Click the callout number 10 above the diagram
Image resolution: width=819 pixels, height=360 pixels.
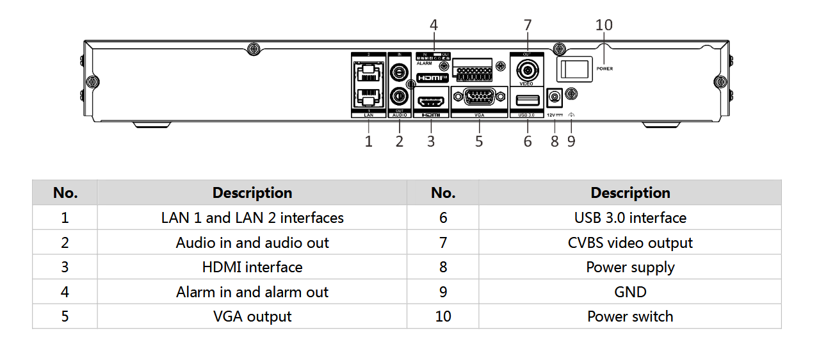point(604,25)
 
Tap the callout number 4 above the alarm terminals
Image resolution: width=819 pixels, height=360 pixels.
point(434,25)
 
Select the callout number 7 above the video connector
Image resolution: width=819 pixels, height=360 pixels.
point(528,25)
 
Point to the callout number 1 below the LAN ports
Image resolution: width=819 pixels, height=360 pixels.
point(369,142)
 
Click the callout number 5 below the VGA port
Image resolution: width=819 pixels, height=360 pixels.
point(479,142)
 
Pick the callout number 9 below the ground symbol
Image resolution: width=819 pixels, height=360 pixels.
point(571,142)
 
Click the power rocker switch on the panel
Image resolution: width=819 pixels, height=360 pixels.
point(573,68)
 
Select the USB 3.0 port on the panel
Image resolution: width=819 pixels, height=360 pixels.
point(527,99)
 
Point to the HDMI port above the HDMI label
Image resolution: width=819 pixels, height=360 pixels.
point(431,101)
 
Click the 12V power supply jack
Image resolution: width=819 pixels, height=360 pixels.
point(555,97)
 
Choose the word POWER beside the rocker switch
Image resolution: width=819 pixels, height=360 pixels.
point(604,68)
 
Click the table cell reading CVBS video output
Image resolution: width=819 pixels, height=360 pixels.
point(630,243)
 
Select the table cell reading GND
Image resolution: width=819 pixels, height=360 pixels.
point(630,292)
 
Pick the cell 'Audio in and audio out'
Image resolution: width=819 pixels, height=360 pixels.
point(252,243)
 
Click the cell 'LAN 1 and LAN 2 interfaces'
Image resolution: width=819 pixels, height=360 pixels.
point(252,218)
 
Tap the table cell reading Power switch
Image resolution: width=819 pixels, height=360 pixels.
point(630,316)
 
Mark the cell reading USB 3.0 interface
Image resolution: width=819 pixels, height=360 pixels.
point(630,218)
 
